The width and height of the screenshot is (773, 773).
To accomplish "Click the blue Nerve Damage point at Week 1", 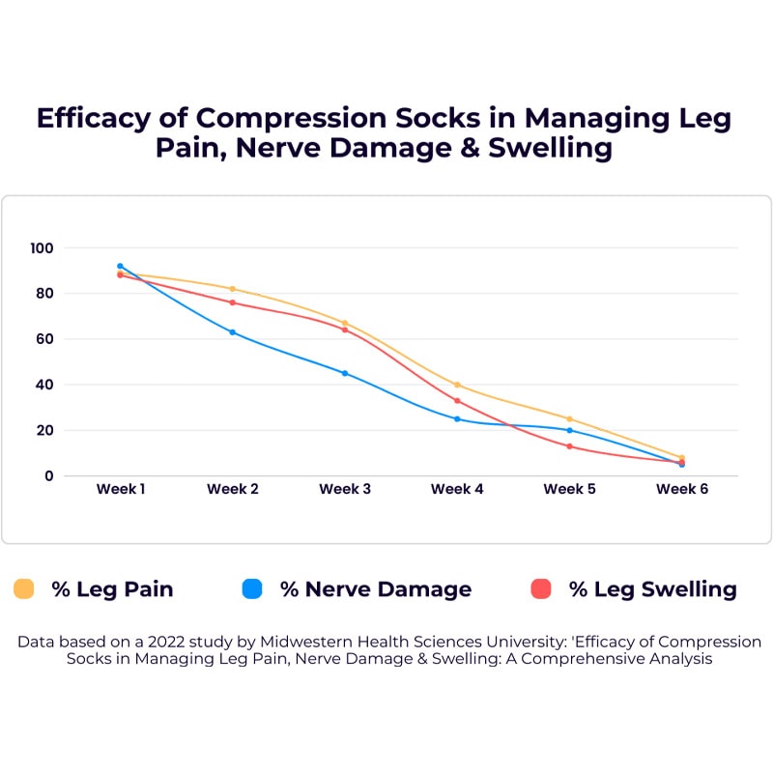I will click(x=121, y=266).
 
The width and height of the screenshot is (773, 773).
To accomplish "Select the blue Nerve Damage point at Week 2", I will click(x=233, y=331).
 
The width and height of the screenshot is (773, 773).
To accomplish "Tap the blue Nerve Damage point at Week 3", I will click(x=345, y=373).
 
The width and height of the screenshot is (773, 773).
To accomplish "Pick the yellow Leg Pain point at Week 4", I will click(x=457, y=385).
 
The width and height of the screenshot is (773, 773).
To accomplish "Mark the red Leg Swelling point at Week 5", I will click(x=569, y=446).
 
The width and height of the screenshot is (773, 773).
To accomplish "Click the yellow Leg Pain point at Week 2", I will click(x=233, y=289).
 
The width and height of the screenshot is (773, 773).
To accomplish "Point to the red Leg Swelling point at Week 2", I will click(x=233, y=302).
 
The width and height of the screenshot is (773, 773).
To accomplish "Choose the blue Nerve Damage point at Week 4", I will click(x=457, y=418).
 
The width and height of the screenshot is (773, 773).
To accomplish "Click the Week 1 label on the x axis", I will click(x=121, y=489).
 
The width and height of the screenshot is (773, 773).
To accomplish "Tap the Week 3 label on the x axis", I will click(x=345, y=489).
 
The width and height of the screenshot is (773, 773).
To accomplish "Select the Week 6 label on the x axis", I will click(x=682, y=489).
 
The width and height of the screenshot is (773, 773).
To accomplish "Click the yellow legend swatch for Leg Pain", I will click(x=24, y=588).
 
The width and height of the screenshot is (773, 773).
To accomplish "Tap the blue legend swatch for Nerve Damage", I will click(x=252, y=588).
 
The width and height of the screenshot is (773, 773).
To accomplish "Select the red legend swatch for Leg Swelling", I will click(x=541, y=588).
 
